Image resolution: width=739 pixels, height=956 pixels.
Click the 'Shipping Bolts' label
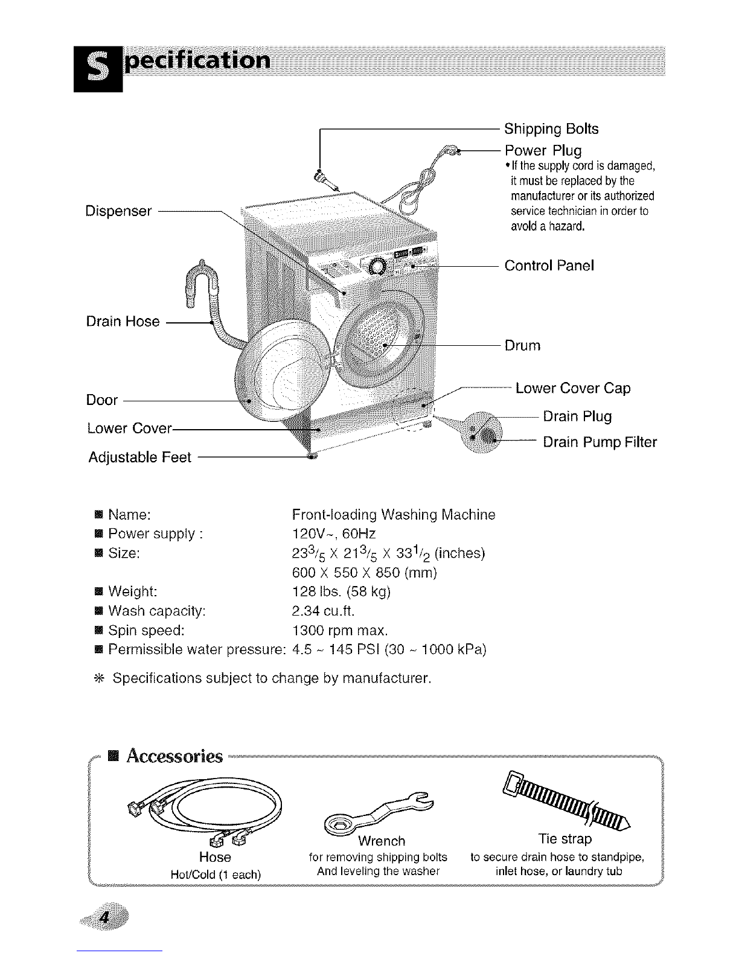click(551, 129)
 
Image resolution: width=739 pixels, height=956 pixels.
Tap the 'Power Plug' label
click(543, 150)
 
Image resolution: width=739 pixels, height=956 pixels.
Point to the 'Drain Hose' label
click(123, 322)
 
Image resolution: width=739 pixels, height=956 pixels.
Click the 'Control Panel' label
click(549, 266)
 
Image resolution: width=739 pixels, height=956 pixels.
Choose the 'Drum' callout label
click(522, 346)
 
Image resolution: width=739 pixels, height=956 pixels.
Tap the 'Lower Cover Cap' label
click(572, 388)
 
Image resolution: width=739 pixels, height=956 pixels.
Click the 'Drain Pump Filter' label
click(600, 442)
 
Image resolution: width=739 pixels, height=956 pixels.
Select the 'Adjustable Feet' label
click(139, 457)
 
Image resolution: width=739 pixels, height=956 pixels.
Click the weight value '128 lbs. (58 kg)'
click(341, 591)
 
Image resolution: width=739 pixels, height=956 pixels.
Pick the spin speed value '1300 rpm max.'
click(339, 631)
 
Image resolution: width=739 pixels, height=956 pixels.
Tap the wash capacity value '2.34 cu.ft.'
click(322, 611)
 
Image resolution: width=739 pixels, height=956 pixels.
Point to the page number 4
click(105, 918)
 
